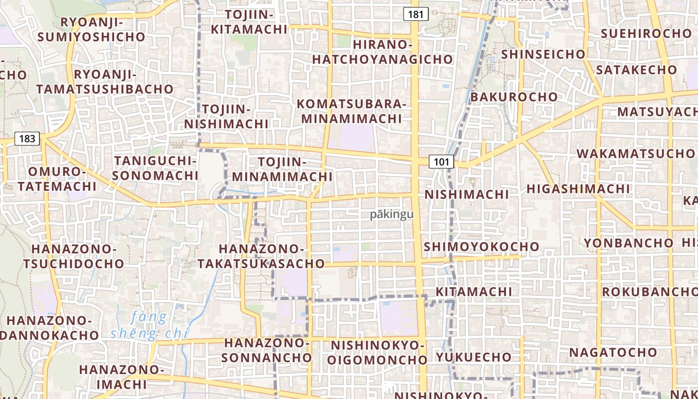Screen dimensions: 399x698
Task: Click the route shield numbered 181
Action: (x=416, y=14)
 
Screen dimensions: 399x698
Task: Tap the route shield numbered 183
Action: (x=27, y=138)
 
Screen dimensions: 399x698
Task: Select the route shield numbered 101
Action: (x=441, y=162)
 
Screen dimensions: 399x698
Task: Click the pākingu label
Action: (x=392, y=214)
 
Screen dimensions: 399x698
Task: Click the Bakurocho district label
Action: (x=514, y=97)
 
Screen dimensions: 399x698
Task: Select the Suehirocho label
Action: (x=646, y=33)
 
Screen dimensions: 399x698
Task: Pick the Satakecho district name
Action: (x=636, y=69)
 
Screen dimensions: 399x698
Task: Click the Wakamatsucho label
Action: (x=636, y=153)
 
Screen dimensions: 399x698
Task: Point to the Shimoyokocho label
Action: (x=481, y=246)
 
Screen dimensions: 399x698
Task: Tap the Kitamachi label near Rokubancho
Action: (x=474, y=291)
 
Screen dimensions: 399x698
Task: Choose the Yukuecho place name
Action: (x=474, y=357)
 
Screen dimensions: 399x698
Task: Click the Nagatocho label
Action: (x=613, y=352)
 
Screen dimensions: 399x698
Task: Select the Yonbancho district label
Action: (x=628, y=243)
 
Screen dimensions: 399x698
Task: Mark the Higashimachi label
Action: (x=578, y=189)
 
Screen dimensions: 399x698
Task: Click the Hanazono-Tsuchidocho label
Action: (x=74, y=256)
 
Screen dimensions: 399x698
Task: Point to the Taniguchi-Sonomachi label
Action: (x=156, y=168)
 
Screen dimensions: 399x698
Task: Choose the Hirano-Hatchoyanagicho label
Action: (x=382, y=52)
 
